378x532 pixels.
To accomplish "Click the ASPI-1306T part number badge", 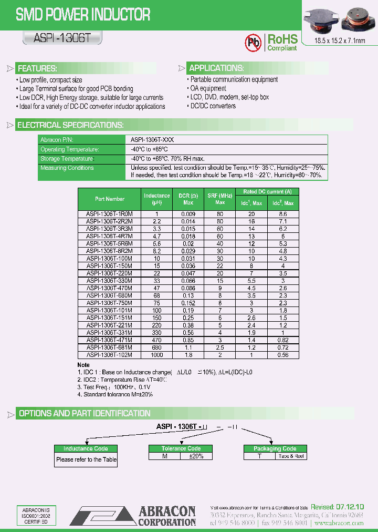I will pyautogui.click(x=62, y=38).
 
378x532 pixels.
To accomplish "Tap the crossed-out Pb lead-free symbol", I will pyautogui.click(x=254, y=43).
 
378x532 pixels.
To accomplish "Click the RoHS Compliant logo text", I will pyautogui.click(x=282, y=43).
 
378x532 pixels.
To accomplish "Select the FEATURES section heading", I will pyautogui.click(x=37, y=69).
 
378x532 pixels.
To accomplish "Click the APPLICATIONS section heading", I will pyautogui.click(x=216, y=68).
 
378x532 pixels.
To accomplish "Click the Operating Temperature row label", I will pyautogui.click(x=70, y=149).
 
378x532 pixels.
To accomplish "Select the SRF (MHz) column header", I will pyautogui.click(x=220, y=199).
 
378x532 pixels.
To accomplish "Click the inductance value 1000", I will pyautogui.click(x=156, y=355).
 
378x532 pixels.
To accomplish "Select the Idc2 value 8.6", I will pyautogui.click(x=282, y=214).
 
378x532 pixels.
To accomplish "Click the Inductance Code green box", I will pyautogui.click(x=86, y=448).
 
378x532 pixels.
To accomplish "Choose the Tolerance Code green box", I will pyautogui.click(x=181, y=448).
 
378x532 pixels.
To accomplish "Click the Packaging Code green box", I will pyautogui.click(x=275, y=448).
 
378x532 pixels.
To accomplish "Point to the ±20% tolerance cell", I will pyautogui.click(x=196, y=456).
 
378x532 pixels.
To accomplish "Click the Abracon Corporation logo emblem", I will pyautogui.click(x=103, y=516).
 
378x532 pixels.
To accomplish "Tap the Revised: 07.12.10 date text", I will pyautogui.click(x=337, y=507).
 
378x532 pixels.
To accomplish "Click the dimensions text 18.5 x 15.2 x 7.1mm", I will pyautogui.click(x=339, y=41).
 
